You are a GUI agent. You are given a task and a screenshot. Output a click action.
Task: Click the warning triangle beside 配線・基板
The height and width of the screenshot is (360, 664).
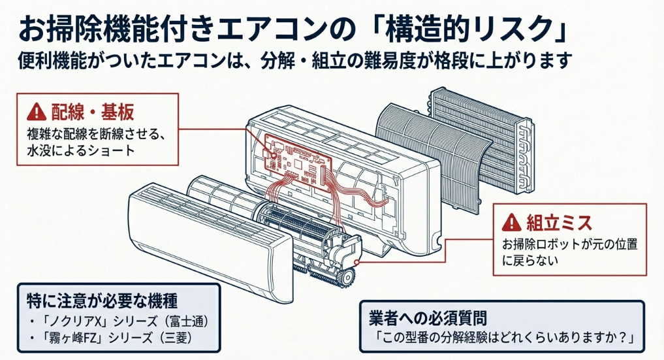pyautogui.click(x=35, y=112)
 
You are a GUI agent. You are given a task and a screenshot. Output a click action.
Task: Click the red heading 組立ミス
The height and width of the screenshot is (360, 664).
pyautogui.click(x=559, y=223)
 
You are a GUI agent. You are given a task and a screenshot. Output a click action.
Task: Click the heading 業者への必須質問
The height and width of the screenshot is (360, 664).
pyautogui.click(x=426, y=318)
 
